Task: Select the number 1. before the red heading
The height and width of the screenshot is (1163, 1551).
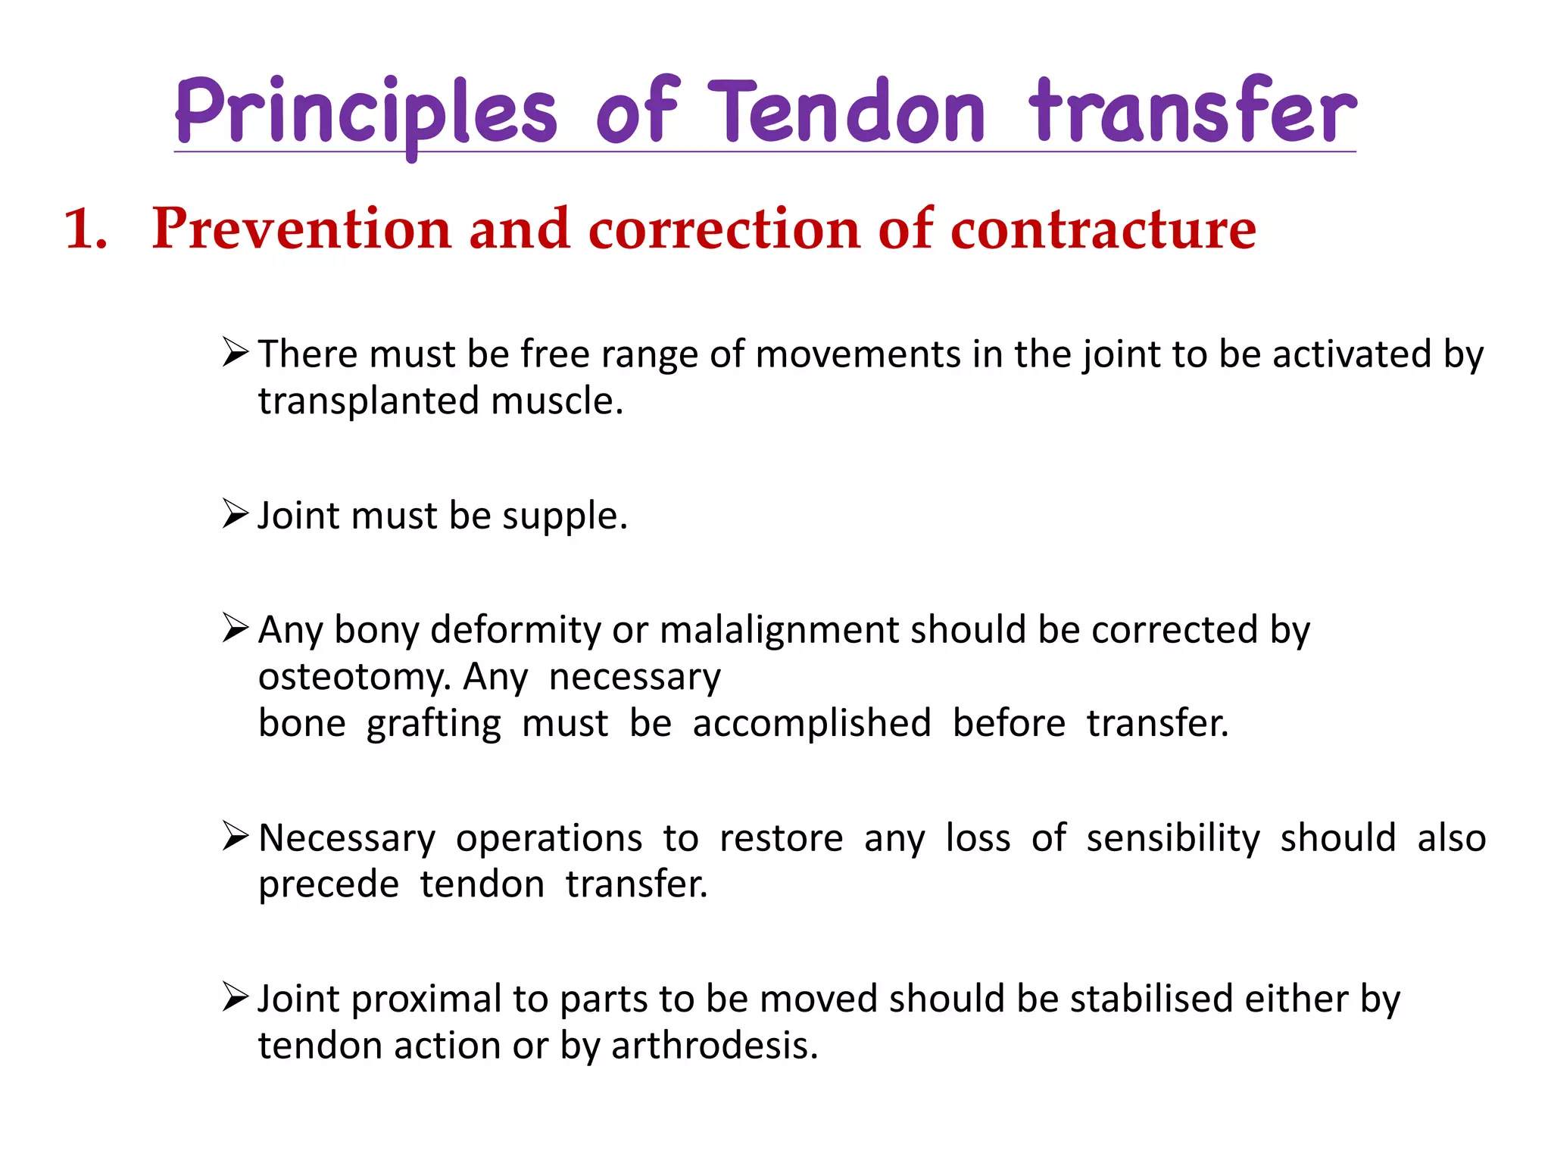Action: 86,229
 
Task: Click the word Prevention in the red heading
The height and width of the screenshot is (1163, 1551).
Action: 301,229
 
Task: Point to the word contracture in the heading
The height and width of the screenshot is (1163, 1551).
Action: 1103,229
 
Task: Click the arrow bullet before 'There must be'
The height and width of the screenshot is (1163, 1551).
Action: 236,353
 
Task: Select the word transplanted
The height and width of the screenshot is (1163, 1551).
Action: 369,401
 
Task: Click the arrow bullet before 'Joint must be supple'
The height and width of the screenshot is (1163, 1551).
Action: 236,514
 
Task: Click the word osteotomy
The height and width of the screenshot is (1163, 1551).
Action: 354,677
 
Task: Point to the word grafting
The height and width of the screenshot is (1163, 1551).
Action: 434,724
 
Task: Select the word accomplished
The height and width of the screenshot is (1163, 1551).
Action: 812,724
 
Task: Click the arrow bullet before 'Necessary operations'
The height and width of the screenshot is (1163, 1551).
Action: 236,837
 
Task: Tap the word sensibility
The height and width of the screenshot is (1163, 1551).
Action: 1173,838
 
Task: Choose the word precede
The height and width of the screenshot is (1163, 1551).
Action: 329,884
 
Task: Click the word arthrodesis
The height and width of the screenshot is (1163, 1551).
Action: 714,1046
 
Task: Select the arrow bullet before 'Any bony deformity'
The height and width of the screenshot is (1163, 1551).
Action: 236,628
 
